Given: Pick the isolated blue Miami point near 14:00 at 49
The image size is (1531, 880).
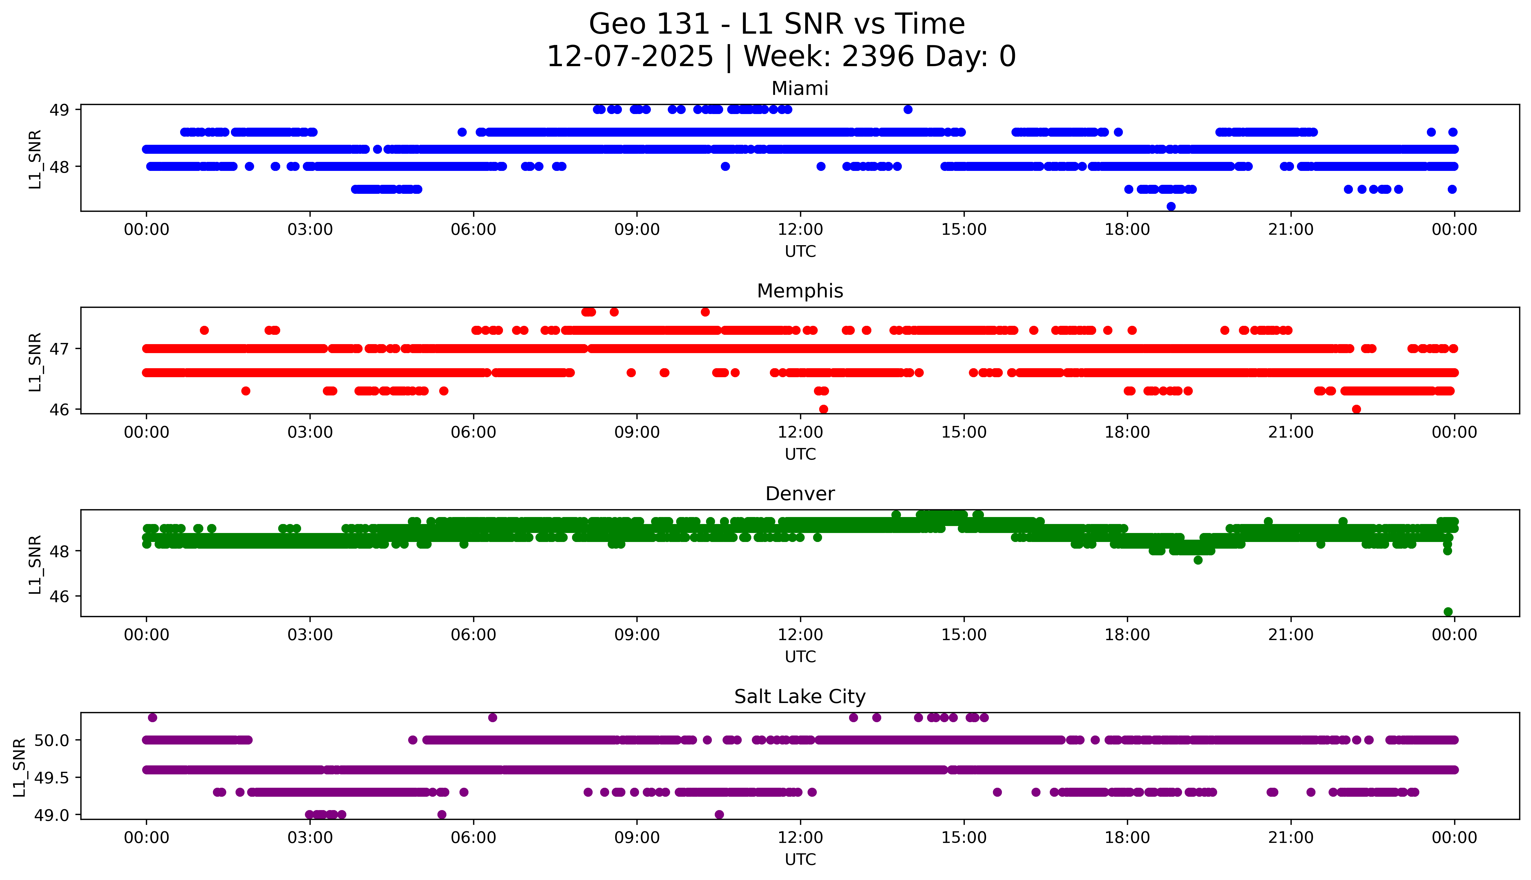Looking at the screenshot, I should click(907, 109).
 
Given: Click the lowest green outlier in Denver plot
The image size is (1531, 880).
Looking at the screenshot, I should click(1448, 612).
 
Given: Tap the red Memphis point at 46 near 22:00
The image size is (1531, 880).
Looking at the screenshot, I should click(1356, 409).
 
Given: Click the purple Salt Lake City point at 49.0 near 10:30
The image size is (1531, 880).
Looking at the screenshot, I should click(719, 814).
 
